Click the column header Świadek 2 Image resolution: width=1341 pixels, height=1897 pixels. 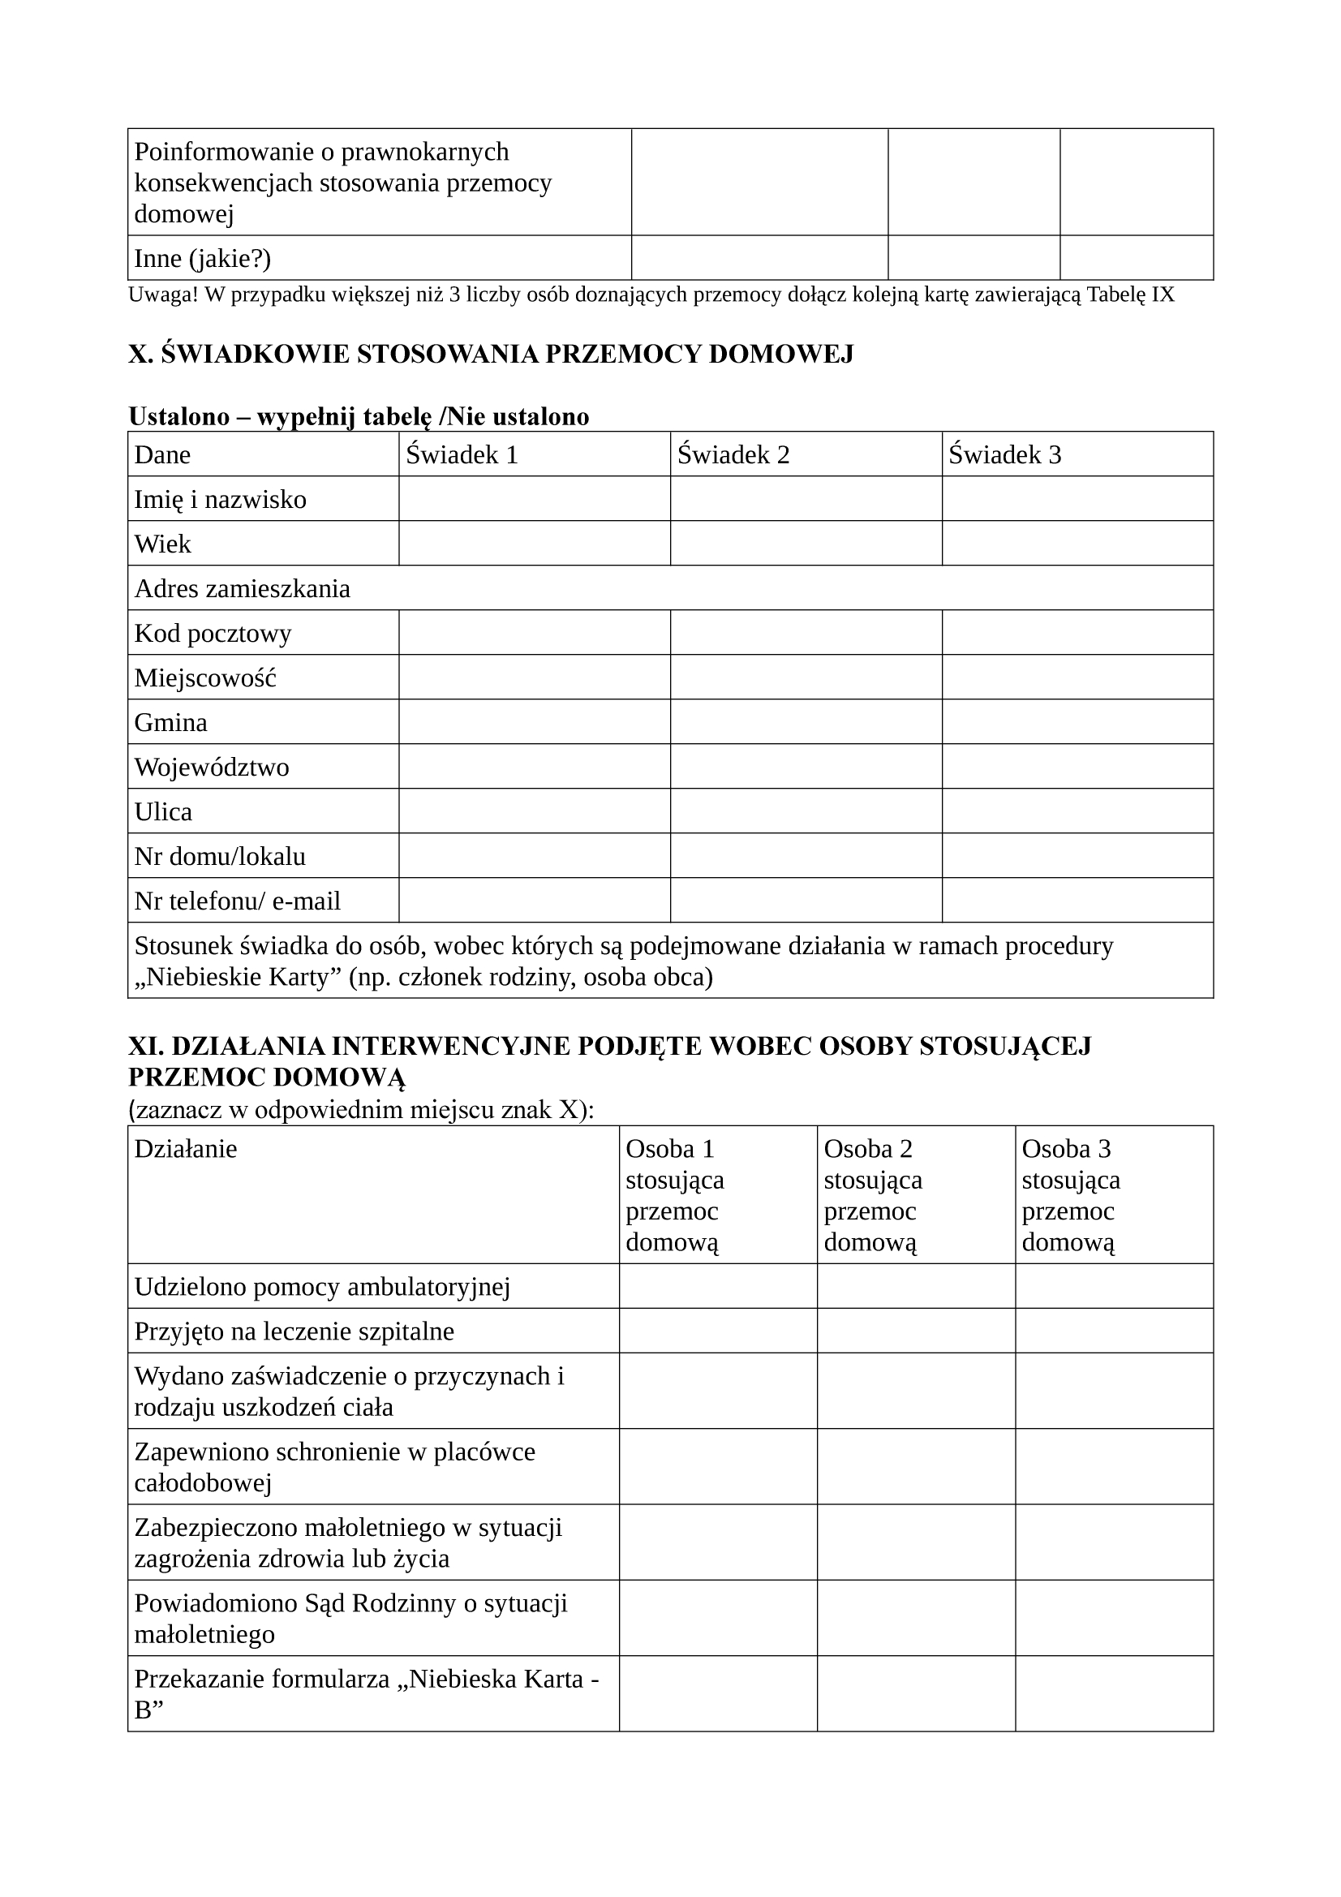(733, 454)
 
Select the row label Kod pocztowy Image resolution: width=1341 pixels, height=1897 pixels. (213, 633)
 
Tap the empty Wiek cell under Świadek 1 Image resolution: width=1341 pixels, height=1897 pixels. (534, 543)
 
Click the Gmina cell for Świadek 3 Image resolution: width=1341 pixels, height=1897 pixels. (1077, 721)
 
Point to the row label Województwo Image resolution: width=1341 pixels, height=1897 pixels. (212, 767)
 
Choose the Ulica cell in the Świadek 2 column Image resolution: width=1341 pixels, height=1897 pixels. (806, 811)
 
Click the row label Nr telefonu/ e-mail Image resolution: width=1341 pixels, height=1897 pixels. (237, 901)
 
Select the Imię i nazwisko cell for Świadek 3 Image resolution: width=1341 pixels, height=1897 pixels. (1077, 498)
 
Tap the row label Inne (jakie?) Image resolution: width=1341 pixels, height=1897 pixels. (203, 259)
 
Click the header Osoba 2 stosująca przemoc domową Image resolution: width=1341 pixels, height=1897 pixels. (873, 1194)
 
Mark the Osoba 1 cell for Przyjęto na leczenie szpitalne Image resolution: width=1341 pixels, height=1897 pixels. (717, 1331)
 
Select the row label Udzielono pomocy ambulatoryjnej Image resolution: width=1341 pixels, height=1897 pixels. (321, 1286)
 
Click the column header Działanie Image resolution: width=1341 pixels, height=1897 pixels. (186, 1149)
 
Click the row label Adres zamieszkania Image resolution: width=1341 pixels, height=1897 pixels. (242, 588)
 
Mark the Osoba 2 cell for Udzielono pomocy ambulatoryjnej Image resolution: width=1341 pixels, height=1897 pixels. (915, 1286)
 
